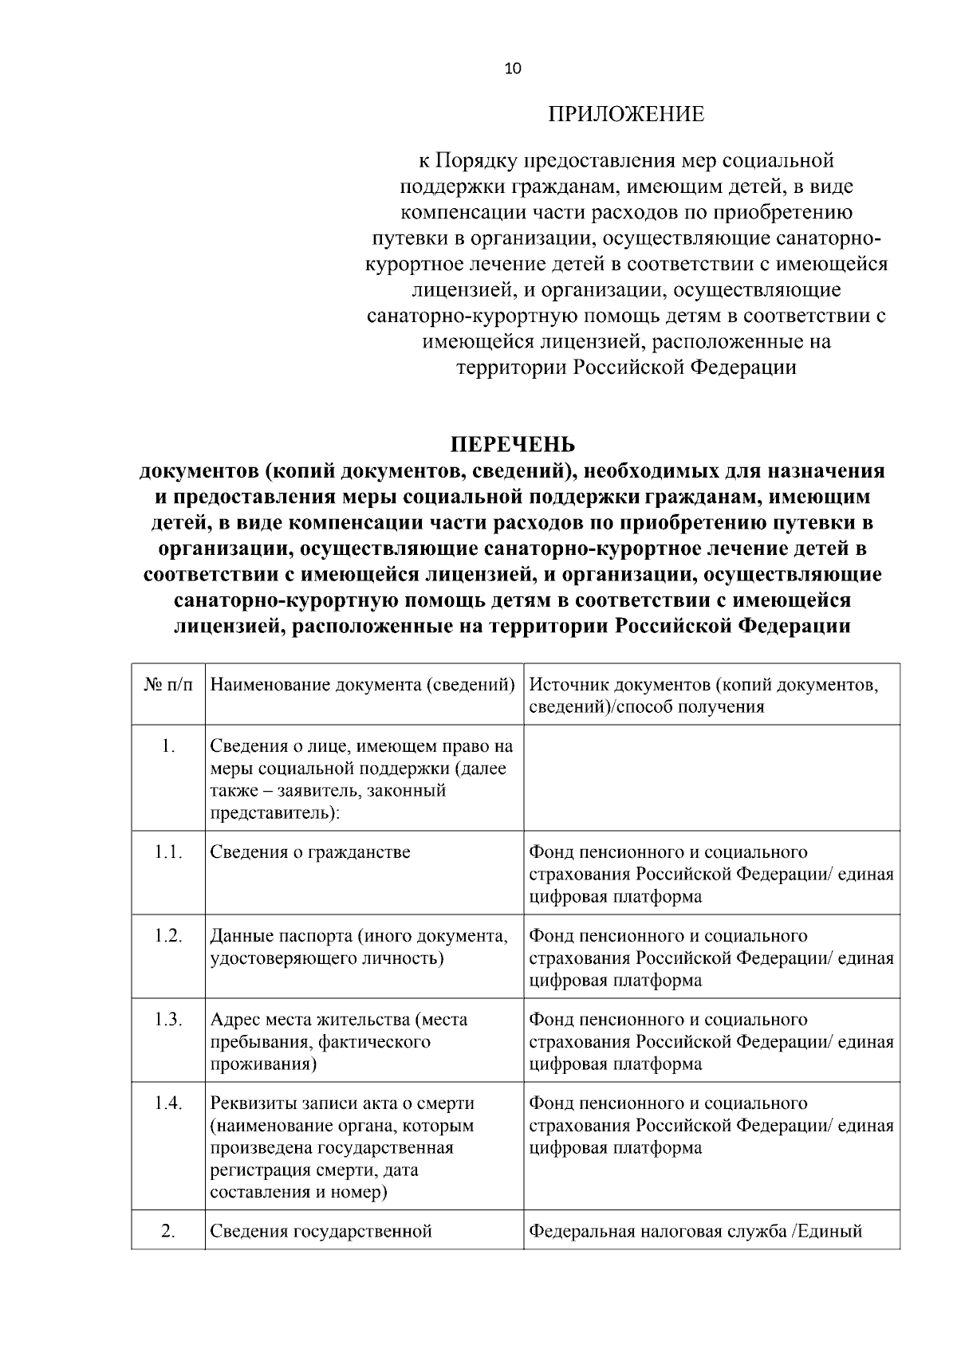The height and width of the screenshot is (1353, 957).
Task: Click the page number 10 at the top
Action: pos(513,69)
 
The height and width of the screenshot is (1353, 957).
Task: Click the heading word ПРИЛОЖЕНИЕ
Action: pos(626,115)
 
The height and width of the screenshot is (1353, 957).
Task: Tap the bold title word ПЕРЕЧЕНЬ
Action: pos(513,444)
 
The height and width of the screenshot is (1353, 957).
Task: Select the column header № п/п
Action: pos(168,685)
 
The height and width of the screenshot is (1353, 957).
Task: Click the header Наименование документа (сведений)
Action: pos(363,685)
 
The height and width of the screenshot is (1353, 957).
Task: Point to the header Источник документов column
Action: pos(704,695)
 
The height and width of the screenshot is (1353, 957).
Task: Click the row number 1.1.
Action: pos(168,852)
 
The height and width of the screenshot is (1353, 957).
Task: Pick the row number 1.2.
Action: pos(168,935)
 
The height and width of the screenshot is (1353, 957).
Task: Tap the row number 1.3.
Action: pos(168,1019)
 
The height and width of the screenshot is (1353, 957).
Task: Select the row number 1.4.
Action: pos(168,1103)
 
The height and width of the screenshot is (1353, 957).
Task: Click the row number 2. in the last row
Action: pos(168,1230)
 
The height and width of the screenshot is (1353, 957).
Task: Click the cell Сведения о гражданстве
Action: pos(310,852)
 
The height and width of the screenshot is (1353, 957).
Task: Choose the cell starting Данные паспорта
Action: pos(359,946)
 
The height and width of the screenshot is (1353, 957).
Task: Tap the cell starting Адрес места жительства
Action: pos(339,1041)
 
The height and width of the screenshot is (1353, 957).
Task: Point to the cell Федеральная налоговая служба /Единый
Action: pos(696,1231)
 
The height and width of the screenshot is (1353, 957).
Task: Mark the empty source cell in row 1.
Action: pos(711,777)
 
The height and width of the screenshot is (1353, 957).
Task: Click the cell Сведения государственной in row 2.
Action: pos(321,1231)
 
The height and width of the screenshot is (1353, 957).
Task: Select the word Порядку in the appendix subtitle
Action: pos(475,161)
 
